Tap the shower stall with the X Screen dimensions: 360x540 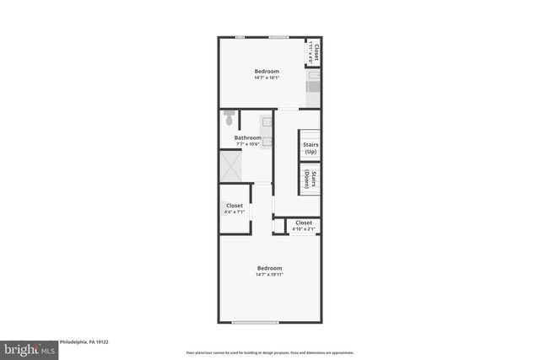(x=231, y=166)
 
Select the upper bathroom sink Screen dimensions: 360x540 (x=267, y=122)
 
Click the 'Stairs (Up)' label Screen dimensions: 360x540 (x=310, y=148)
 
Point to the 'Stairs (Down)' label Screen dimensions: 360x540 (x=310, y=179)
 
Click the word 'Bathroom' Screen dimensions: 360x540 (x=247, y=137)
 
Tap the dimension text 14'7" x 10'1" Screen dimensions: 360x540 (x=267, y=78)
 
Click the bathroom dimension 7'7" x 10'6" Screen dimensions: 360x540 (x=247, y=144)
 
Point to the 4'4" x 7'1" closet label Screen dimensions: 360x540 (x=235, y=212)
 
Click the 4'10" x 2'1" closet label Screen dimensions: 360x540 (x=303, y=228)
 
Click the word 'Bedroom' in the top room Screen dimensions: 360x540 (x=267, y=71)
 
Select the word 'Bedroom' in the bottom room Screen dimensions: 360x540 (x=269, y=268)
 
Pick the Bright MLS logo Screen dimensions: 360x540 (x=29, y=348)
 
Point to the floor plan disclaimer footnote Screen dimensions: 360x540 (x=269, y=352)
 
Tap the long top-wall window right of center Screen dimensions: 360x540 (x=278, y=37)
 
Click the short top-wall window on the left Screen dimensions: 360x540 (x=240, y=37)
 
